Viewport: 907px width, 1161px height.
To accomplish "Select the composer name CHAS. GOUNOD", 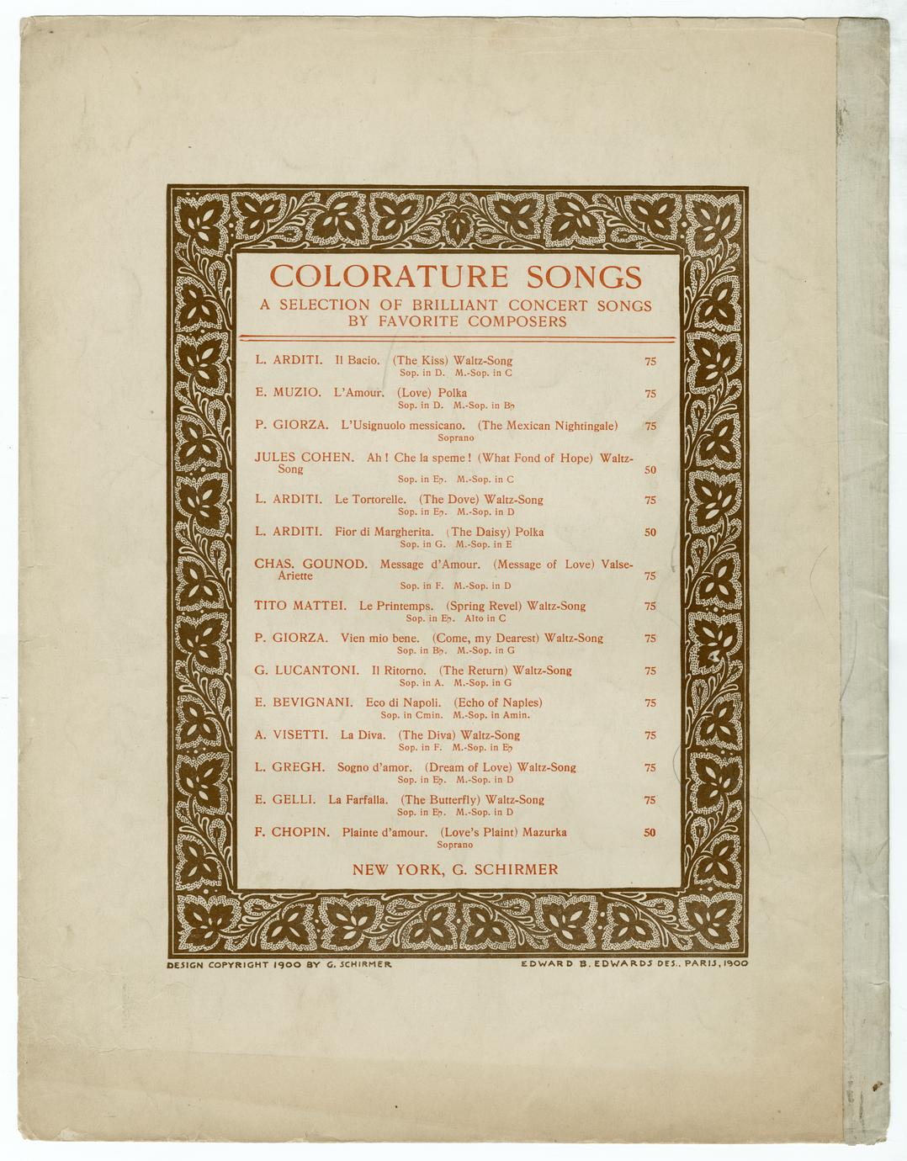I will pyautogui.click(x=310, y=564).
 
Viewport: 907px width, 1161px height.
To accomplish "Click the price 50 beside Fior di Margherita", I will pyautogui.click(x=650, y=533).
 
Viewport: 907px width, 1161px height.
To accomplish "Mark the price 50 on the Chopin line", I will pyautogui.click(x=649, y=833).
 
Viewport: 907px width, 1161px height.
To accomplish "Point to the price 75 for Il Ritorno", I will pyautogui.click(x=650, y=671).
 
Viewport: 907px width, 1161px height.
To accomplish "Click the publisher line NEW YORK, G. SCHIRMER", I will pyautogui.click(x=455, y=869).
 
